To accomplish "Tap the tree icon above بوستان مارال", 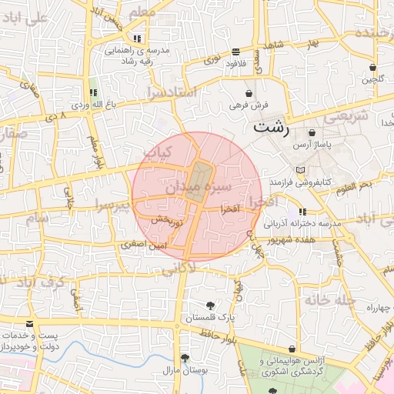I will point(185,358).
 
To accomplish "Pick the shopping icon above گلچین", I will point(372,67).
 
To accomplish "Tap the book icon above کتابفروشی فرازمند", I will point(300,169).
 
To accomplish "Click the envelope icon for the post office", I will point(29,325).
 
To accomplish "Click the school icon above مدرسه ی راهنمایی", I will point(136,38).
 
